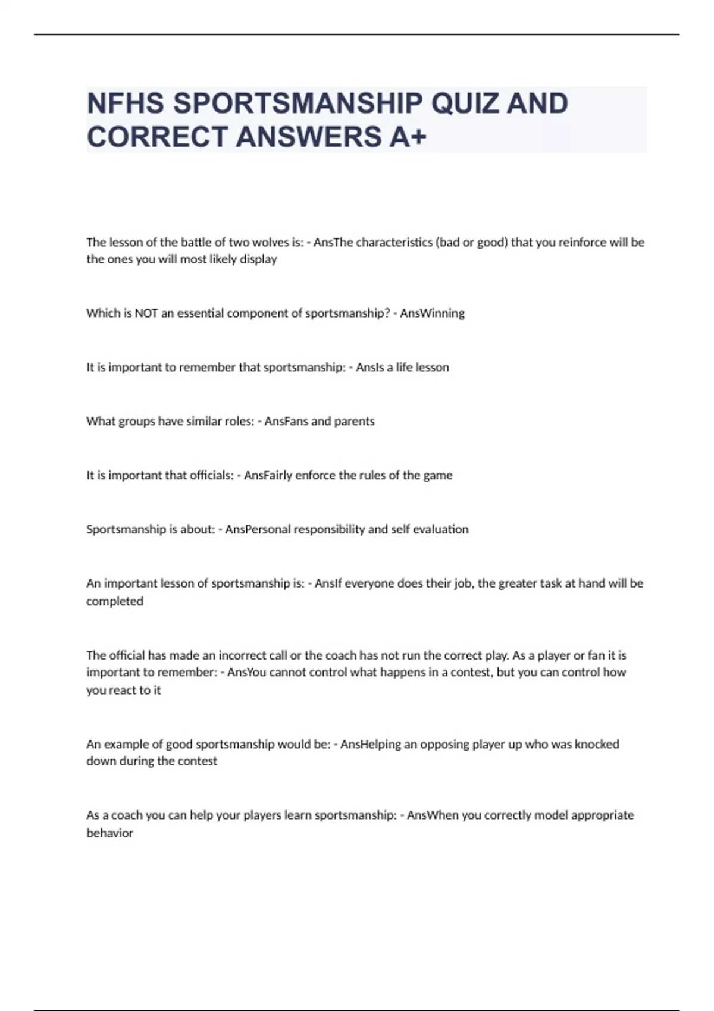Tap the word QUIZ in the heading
click(x=461, y=103)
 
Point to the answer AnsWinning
click(x=432, y=313)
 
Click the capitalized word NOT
click(x=146, y=313)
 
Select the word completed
click(x=115, y=601)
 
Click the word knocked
click(x=597, y=744)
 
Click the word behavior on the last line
click(x=110, y=833)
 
